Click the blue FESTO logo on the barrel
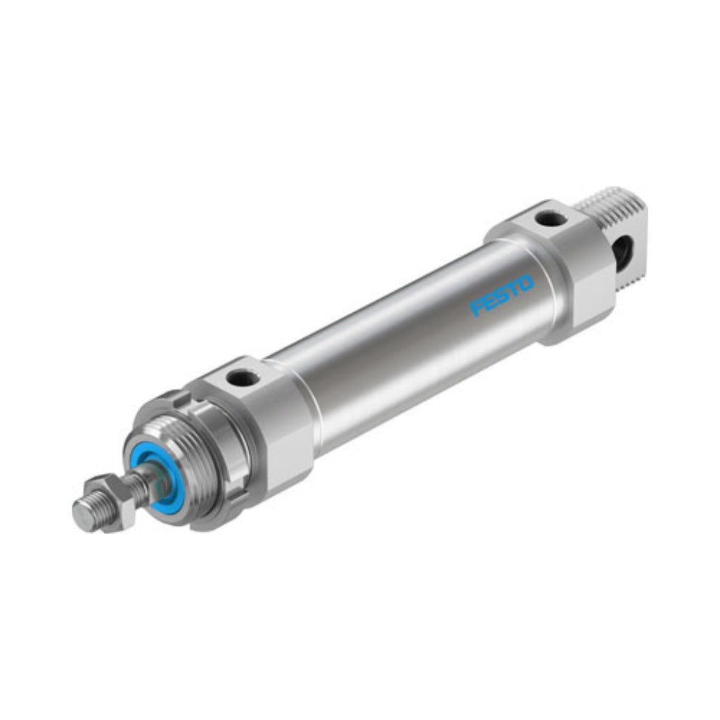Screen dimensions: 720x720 coord(502,295)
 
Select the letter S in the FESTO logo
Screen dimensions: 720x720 coord(502,295)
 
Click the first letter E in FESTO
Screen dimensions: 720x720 coord(490,301)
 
